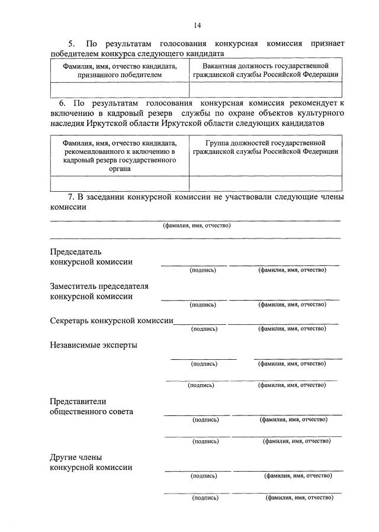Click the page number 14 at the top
coord(198,25)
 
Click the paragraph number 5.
coord(72,44)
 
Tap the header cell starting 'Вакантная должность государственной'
coord(265,70)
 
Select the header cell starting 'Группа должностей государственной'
coord(265,147)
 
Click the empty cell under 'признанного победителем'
coord(120,89)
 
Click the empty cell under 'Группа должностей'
coord(265,183)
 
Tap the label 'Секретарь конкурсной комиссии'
coord(111,320)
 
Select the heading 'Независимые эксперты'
coord(94,345)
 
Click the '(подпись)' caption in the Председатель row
coord(203,270)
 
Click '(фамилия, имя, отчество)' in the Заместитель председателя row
coord(292,304)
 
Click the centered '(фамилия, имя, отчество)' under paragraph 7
coord(197,225)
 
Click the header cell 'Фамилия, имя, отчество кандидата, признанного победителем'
coord(120,70)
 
